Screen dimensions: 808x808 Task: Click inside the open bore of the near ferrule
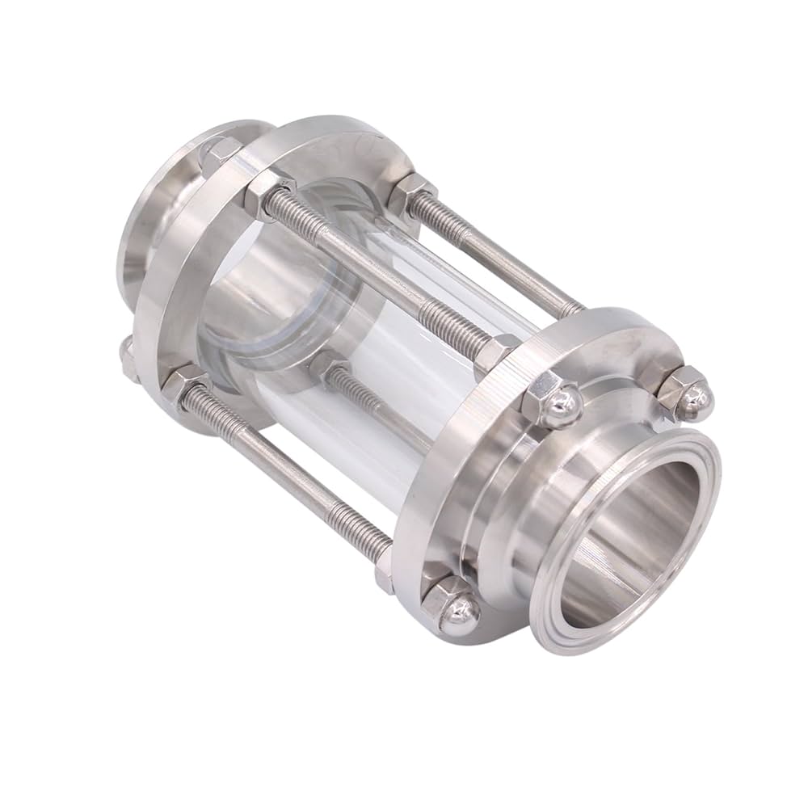tap(638, 549)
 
